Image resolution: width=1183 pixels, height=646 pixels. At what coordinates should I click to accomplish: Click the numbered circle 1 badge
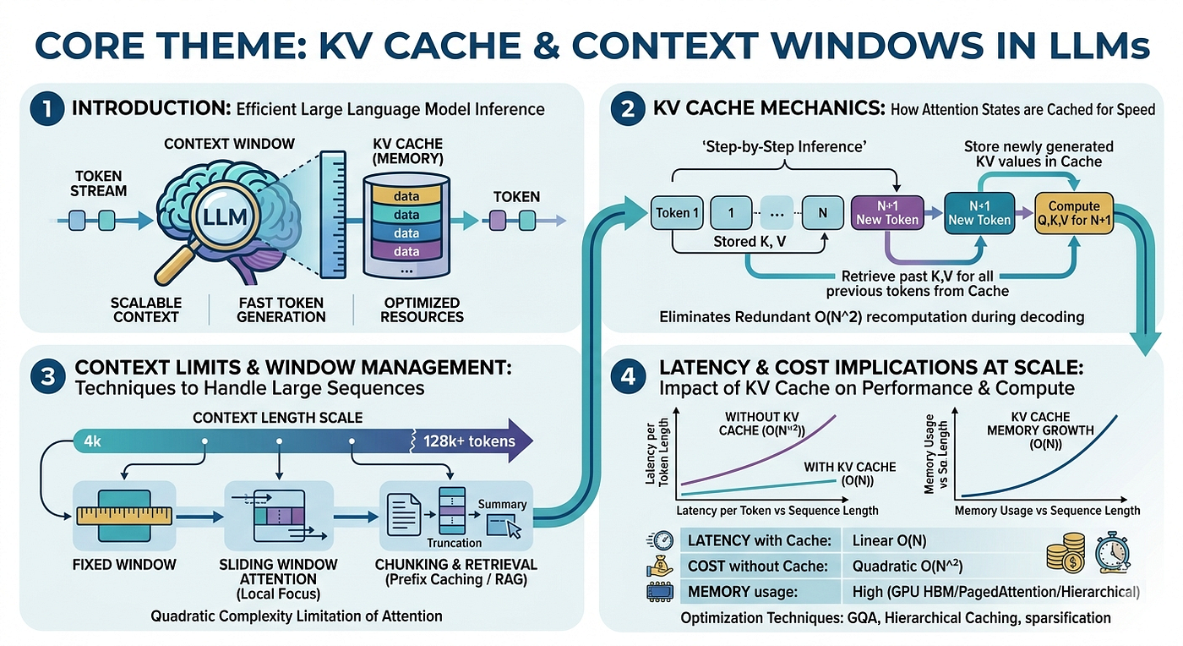pyautogui.click(x=47, y=108)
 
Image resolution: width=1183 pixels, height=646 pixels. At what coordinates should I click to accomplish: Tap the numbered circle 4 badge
pyautogui.click(x=628, y=376)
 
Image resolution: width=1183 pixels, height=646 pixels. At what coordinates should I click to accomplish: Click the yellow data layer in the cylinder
pyautogui.click(x=406, y=195)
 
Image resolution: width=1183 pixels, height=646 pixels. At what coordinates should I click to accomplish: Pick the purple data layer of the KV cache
pyautogui.click(x=406, y=251)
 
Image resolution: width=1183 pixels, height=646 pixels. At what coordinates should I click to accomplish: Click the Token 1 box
pyautogui.click(x=677, y=212)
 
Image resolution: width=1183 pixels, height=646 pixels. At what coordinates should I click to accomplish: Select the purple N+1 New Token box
pyautogui.click(x=887, y=212)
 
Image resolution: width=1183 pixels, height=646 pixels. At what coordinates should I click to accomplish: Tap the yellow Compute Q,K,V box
pyautogui.click(x=1074, y=213)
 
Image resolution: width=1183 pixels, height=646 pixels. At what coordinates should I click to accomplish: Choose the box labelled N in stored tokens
pyautogui.click(x=822, y=212)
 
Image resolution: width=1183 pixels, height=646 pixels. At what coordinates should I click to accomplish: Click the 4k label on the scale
pyautogui.click(x=92, y=441)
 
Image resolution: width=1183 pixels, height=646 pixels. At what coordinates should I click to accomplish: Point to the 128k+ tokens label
pyautogui.click(x=469, y=441)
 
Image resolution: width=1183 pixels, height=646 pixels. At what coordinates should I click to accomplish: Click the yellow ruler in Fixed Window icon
pyautogui.click(x=124, y=516)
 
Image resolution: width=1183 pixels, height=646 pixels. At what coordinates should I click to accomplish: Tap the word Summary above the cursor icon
pyautogui.click(x=502, y=504)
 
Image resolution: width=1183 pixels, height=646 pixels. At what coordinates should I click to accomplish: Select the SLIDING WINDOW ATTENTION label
pyautogui.click(x=278, y=572)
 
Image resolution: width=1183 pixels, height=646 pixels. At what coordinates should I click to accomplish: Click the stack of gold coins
pyautogui.click(x=1066, y=554)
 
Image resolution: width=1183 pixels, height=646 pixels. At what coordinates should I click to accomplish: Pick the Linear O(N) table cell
pyautogui.click(x=889, y=540)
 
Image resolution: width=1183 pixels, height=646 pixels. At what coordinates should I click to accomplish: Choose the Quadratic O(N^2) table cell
pyautogui.click(x=908, y=566)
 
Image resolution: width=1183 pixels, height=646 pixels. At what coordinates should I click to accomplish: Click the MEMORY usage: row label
pyautogui.click(x=742, y=591)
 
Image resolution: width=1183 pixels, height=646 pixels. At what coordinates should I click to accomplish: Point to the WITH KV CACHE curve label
pyautogui.click(x=850, y=474)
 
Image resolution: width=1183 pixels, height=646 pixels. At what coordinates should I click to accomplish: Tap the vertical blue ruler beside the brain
pyautogui.click(x=333, y=214)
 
